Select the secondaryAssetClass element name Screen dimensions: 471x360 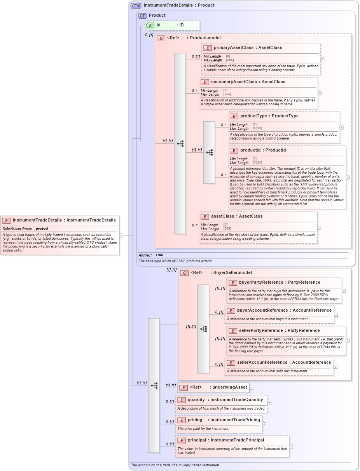(x=232, y=82)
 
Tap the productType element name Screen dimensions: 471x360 (x=253, y=116)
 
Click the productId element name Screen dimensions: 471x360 (x=252, y=150)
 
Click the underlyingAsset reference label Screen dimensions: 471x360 (x=229, y=387)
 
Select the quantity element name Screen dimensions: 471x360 (x=196, y=399)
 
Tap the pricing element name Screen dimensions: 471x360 (x=195, y=420)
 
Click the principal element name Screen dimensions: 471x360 (x=197, y=440)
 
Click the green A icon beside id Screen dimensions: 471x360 (x=150, y=25)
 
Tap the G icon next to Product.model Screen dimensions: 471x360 (x=161, y=38)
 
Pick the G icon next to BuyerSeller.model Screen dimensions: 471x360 (x=184, y=273)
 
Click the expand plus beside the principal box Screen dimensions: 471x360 (x=291, y=447)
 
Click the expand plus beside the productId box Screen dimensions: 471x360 (x=348, y=177)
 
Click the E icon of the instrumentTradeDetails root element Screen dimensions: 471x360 (x=6, y=220)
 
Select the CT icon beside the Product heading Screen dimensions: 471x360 (x=142, y=16)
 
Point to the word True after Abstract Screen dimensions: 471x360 (x=159, y=255)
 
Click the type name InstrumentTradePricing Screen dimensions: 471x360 (x=235, y=420)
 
